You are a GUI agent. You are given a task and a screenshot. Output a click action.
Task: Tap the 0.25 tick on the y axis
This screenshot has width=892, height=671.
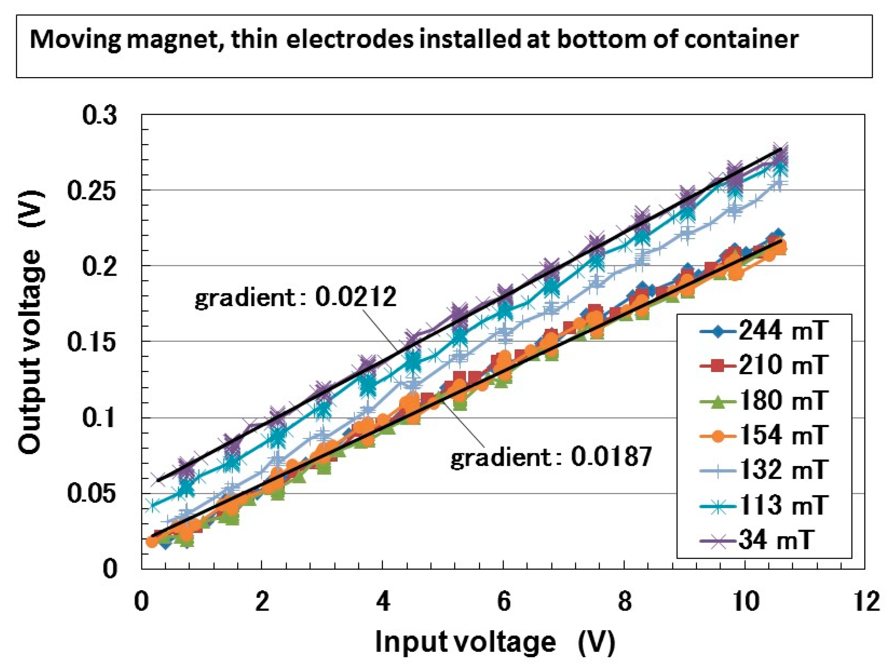coord(92,190)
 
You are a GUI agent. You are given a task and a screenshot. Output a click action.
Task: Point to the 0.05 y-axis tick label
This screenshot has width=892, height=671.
coord(92,493)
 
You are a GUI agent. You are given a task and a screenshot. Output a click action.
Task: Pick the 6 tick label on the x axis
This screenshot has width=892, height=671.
coord(503,602)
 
